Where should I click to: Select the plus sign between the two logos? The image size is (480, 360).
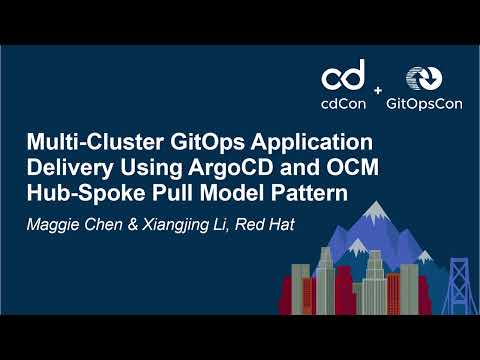click(x=378, y=91)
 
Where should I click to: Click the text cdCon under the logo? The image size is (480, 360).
click(x=344, y=101)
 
